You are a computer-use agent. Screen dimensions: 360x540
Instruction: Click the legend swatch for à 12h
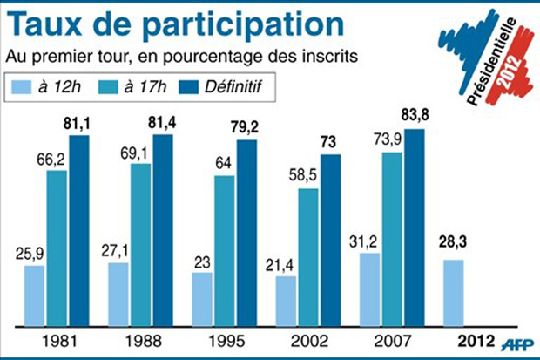pyautogui.click(x=25, y=86)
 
